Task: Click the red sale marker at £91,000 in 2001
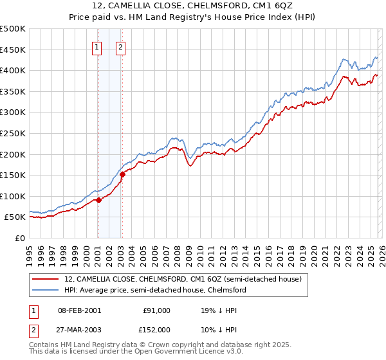pos(98,200)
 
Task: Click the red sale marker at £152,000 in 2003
pos(122,174)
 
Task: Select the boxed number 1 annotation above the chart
pos(97,46)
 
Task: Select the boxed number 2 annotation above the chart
pos(121,46)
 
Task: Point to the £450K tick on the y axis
pos(13,50)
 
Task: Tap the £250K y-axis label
pos(13,134)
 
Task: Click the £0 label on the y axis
pos(19,239)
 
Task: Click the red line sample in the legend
pos(46,279)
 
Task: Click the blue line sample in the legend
pos(46,290)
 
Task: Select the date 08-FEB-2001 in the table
pos(79,310)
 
